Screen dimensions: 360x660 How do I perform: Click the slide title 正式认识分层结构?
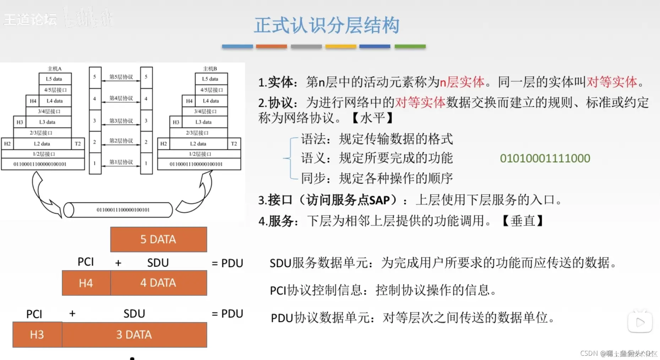[x=327, y=26]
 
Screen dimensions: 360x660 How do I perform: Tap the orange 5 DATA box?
[x=158, y=239]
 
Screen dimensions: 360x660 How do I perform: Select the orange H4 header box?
[x=86, y=283]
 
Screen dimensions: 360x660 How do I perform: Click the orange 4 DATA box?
[x=158, y=283]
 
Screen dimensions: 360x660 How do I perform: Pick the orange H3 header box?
[x=37, y=334]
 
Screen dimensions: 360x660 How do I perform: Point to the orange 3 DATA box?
[x=134, y=334]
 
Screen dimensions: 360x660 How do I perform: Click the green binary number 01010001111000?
[x=545, y=158]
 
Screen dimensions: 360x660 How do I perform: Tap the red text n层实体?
[x=462, y=82]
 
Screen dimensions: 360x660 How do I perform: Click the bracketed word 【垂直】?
[x=523, y=221]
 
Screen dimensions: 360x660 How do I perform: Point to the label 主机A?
[x=55, y=69]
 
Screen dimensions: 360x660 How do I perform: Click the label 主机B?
[x=210, y=69]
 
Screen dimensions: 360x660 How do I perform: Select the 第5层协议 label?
[x=121, y=77]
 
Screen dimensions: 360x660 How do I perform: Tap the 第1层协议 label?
[x=121, y=162]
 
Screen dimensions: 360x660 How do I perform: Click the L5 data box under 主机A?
[x=55, y=79]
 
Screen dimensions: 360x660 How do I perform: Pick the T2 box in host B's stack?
[x=234, y=144]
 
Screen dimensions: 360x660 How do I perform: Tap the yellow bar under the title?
[x=340, y=47]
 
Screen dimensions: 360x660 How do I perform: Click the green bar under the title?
[x=410, y=47]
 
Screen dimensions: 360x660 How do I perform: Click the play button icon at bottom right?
[x=640, y=322]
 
